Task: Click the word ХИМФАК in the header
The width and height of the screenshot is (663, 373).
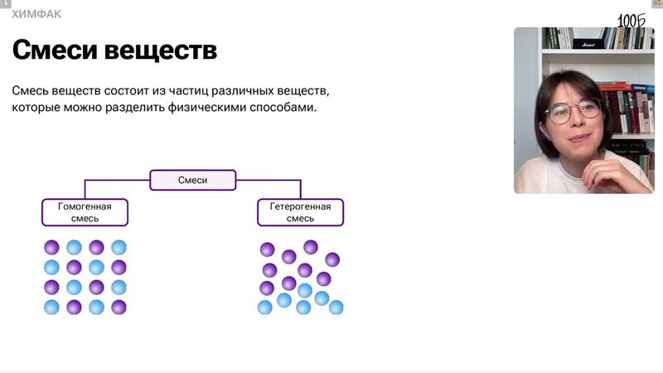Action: click(x=36, y=14)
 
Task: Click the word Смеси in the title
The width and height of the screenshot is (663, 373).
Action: click(x=55, y=50)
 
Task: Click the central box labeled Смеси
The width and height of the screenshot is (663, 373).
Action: click(x=193, y=180)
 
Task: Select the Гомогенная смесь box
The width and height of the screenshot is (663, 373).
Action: click(x=85, y=212)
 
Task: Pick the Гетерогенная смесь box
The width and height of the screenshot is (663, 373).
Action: click(x=300, y=212)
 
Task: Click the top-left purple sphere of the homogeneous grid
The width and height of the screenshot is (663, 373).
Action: click(x=51, y=247)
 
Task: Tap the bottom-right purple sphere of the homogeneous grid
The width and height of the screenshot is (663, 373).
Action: click(x=119, y=307)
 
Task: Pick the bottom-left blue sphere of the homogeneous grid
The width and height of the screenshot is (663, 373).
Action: click(x=51, y=307)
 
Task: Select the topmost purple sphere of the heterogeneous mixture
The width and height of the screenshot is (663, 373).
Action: click(x=311, y=246)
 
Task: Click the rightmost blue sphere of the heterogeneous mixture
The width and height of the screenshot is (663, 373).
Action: click(x=336, y=308)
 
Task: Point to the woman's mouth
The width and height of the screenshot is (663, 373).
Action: click(x=578, y=140)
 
